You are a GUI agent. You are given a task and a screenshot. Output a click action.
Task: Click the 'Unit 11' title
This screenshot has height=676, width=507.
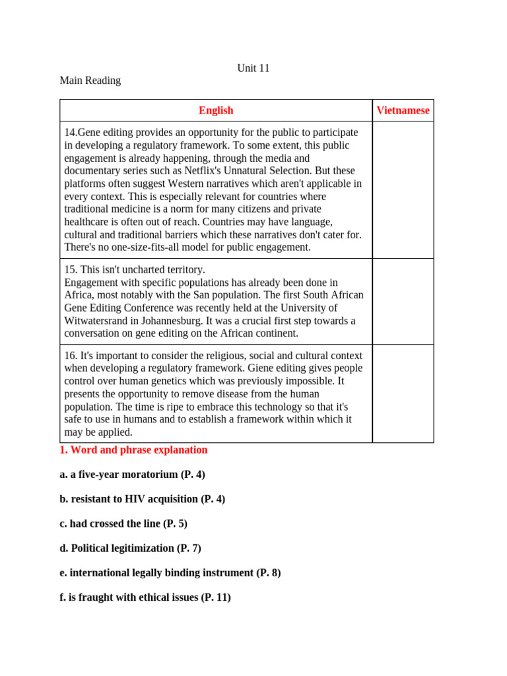pos(253,68)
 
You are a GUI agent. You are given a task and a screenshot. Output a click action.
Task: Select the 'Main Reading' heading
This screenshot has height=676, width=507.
pos(90,81)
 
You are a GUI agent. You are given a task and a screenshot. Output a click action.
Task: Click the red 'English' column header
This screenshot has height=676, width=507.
pos(216,110)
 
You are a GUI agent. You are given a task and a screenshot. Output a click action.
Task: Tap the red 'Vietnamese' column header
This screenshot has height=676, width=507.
pos(403,110)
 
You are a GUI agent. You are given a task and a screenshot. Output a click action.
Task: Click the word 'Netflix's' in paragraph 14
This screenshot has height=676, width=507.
pos(205,171)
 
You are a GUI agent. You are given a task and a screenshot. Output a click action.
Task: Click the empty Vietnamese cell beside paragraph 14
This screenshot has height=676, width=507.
pos(403,189)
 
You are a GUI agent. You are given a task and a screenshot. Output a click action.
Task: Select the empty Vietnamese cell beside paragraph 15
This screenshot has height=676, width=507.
pos(403,301)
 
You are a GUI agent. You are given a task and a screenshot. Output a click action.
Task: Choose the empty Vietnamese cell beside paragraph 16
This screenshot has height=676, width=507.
pos(403,393)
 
